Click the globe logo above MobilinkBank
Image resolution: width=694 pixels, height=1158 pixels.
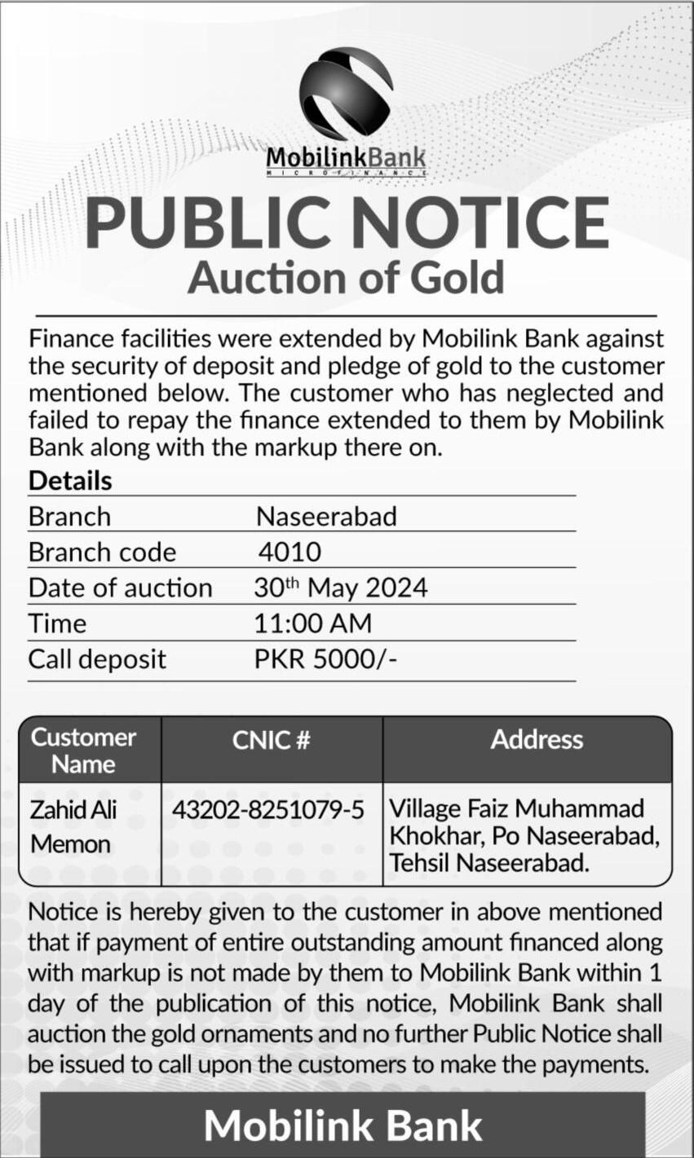[346, 92]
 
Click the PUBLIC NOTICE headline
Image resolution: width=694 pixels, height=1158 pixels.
[347, 222]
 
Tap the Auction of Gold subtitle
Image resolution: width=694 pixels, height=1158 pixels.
[347, 277]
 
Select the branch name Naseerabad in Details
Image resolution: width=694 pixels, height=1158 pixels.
[326, 517]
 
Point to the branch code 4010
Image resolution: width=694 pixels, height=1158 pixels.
[290, 552]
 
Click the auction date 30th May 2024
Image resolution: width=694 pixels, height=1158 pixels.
[340, 588]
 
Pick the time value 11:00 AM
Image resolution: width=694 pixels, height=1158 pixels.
[312, 623]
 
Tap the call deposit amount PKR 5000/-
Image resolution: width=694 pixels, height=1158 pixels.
[325, 658]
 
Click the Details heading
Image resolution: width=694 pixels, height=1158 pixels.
[70, 481]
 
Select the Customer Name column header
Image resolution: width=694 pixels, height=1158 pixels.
[83, 751]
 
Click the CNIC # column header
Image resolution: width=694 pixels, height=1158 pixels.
[272, 740]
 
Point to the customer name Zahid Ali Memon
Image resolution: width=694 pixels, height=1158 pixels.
[71, 826]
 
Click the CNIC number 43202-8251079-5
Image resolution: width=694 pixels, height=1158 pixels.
[267, 809]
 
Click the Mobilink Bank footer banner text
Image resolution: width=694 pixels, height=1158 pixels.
[343, 1125]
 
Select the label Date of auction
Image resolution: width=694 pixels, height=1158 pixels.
[120, 588]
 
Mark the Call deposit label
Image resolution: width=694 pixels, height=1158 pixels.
[97, 658]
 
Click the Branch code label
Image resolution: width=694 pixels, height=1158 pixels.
[102, 552]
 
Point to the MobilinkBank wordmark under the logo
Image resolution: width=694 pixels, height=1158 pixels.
[346, 157]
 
